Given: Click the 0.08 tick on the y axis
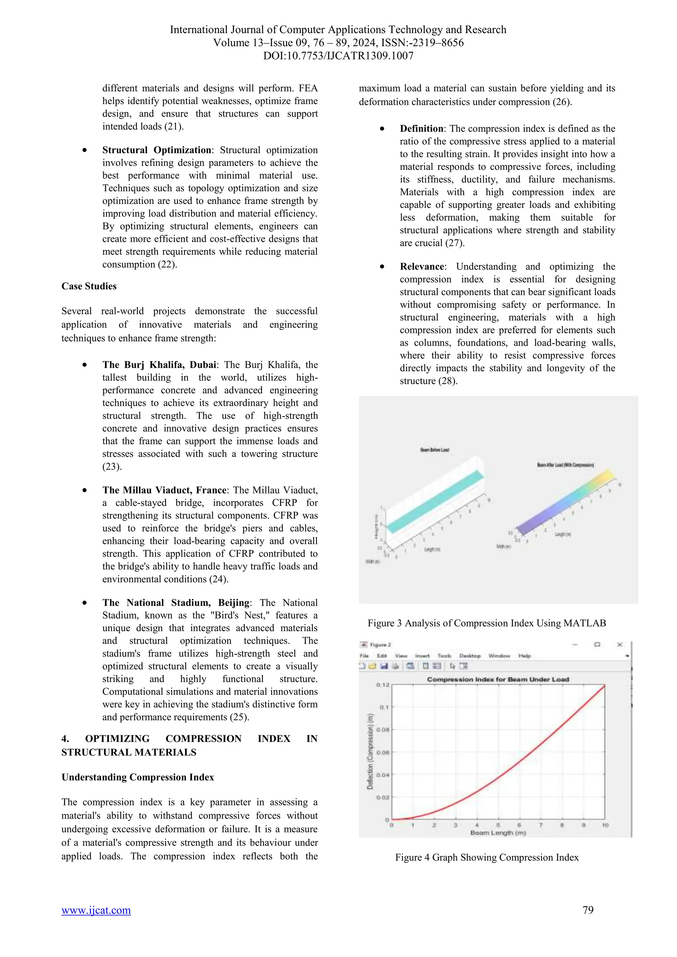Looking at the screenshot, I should (383, 730).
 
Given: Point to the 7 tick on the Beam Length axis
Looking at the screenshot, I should (541, 825).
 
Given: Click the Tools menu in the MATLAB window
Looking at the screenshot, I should (444, 656).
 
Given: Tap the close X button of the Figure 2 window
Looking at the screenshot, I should (619, 645).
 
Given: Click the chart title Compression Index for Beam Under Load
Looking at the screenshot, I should (498, 679).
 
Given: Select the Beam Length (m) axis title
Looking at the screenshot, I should (498, 833).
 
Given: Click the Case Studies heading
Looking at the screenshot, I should (89, 286).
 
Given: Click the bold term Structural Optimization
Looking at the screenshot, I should (157, 150).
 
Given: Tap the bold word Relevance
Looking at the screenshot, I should (422, 267).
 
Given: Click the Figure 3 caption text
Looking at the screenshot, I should (487, 623).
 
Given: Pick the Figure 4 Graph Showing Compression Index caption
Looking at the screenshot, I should (487, 858).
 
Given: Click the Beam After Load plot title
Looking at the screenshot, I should (565, 465).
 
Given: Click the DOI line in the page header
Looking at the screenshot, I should (338, 56).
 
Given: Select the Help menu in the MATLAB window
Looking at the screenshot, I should (524, 656).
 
